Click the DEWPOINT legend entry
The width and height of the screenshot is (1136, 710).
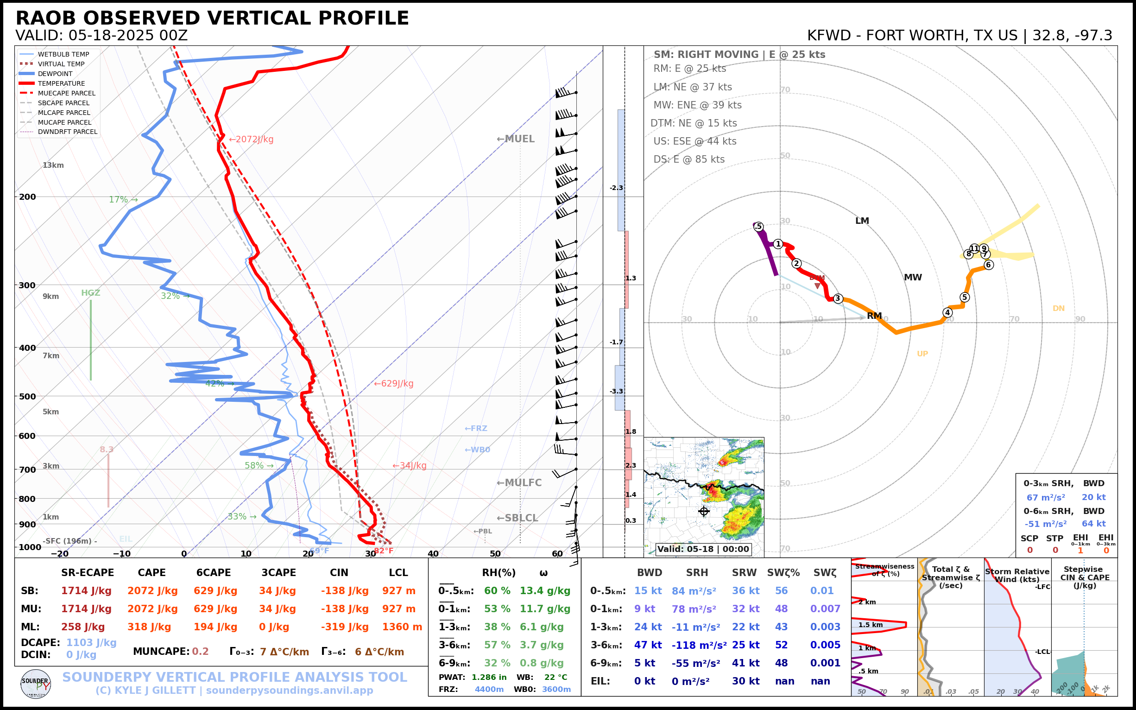[55, 74]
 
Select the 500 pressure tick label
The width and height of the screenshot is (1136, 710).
[27, 396]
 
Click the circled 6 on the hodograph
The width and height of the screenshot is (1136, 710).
[989, 265]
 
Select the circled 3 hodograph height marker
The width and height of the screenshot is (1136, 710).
[838, 298]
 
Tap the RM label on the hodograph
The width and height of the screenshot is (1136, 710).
[874, 316]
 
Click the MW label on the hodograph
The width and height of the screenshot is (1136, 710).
[913, 278]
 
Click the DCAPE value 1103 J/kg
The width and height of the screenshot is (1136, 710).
[91, 642]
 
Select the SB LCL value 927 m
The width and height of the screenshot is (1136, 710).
[398, 591]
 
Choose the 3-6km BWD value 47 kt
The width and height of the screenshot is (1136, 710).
[648, 645]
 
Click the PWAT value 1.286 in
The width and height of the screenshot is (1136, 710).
[489, 677]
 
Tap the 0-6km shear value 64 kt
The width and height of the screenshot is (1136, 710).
[1093, 524]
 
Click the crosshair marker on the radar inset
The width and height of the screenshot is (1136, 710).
[704, 511]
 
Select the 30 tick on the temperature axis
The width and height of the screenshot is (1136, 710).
[370, 554]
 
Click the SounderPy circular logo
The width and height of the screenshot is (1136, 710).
[36, 684]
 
